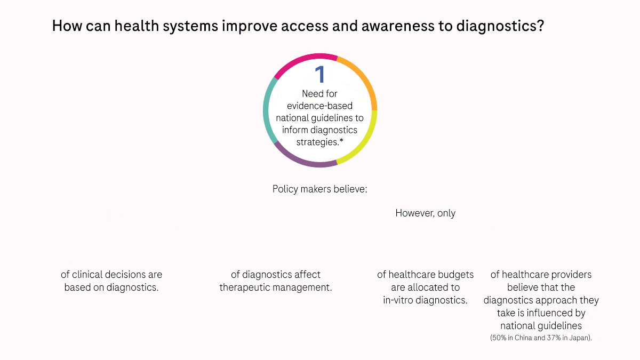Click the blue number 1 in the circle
pos(319,75)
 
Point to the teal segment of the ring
pos(267,112)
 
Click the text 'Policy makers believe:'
pos(319,189)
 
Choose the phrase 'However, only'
pos(425,213)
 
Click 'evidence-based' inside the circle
pos(319,106)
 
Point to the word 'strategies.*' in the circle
pos(319,142)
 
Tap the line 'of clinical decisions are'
pos(111,275)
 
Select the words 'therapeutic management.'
pos(276,287)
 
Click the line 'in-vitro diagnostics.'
pos(425,300)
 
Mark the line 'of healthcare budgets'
pos(425,275)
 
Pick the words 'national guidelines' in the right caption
pos(541,325)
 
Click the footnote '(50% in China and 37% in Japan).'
pos(541,338)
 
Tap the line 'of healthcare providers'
pos(541,275)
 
